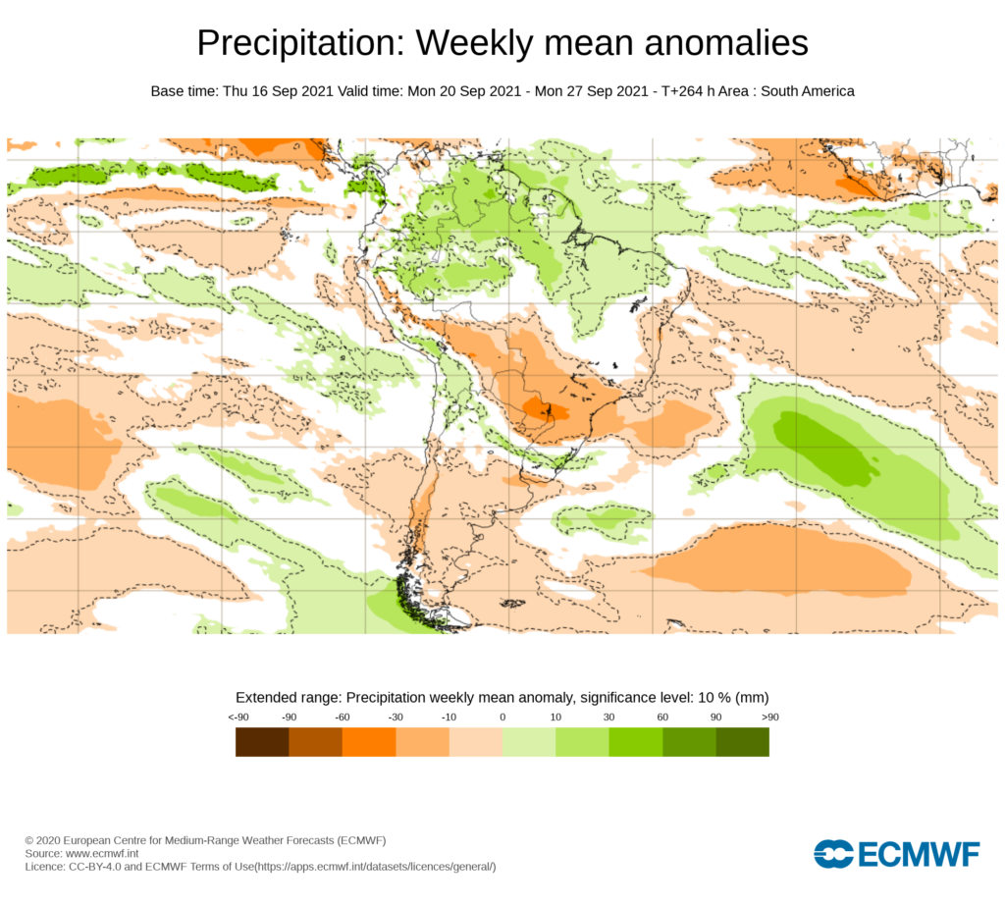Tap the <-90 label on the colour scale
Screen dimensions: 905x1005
point(238,718)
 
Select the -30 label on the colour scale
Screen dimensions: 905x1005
point(396,718)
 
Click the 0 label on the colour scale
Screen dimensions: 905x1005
point(502,718)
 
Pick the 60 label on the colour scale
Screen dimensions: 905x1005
point(662,718)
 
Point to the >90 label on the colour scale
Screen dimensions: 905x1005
point(769,718)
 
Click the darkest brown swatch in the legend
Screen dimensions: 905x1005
point(262,742)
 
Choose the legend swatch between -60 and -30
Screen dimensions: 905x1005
point(369,742)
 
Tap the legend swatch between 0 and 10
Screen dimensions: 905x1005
point(529,742)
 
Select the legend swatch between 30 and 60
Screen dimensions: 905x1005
point(636,742)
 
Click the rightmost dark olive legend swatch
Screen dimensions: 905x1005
point(743,742)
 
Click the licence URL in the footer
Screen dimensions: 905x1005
point(375,867)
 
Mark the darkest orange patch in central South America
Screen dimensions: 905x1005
point(538,409)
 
